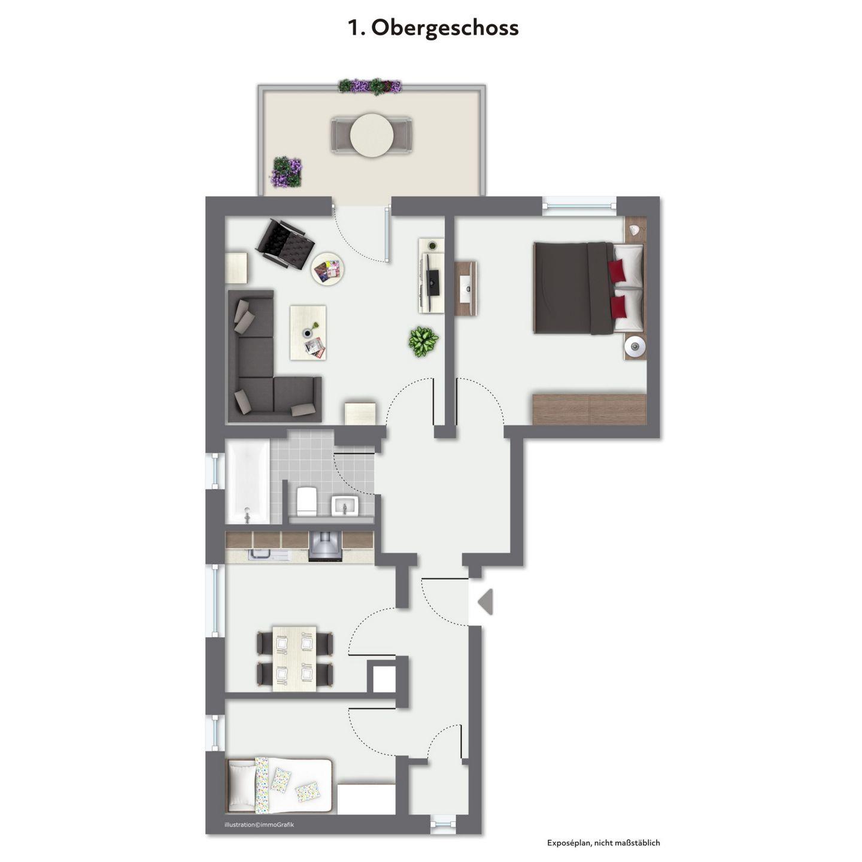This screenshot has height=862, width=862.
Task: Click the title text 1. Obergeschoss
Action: [433, 28]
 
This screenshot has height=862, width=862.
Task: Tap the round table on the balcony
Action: [371, 135]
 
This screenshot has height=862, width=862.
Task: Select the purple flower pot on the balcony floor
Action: [286, 172]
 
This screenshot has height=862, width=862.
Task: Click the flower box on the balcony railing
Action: [370, 86]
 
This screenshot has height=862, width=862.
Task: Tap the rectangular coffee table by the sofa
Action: [308, 332]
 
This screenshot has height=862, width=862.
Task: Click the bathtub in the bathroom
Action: [247, 481]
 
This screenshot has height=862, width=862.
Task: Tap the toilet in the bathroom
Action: [307, 500]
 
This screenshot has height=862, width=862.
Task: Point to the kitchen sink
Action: [262, 555]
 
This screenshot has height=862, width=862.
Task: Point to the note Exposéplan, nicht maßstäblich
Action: [603, 843]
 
